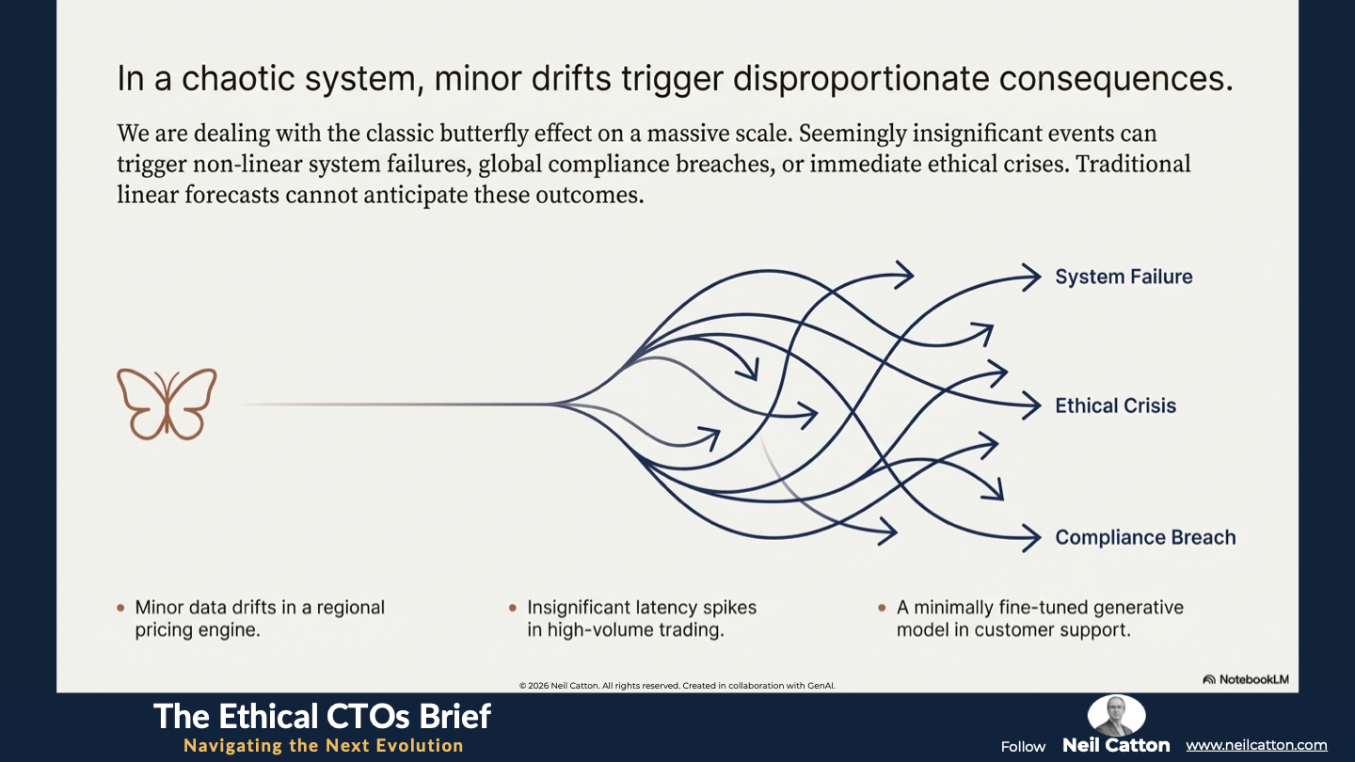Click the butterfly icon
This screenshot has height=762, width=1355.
[x=167, y=404]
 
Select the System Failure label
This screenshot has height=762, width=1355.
[x=1124, y=277]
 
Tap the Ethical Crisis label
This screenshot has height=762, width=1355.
[x=1115, y=405]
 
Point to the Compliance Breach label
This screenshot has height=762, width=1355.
[x=1145, y=537]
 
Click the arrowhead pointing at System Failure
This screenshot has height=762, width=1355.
[x=1032, y=278]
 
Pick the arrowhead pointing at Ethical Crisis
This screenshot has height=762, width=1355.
[x=1032, y=405]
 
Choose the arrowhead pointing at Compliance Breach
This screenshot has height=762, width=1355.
[x=1032, y=537]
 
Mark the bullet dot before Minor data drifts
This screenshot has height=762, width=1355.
[x=120, y=608]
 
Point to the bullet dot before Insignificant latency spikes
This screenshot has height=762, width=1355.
[x=512, y=608]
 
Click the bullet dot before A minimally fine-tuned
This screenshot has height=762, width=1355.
[x=882, y=608]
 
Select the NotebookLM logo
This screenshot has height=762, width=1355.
[x=1246, y=679]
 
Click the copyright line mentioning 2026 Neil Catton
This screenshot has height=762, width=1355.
[x=677, y=685]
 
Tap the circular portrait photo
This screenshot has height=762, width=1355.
[x=1116, y=715]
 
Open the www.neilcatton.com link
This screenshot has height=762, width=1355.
[x=1256, y=745]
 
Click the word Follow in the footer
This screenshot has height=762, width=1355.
[x=1023, y=746]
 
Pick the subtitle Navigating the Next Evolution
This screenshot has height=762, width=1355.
[x=324, y=745]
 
